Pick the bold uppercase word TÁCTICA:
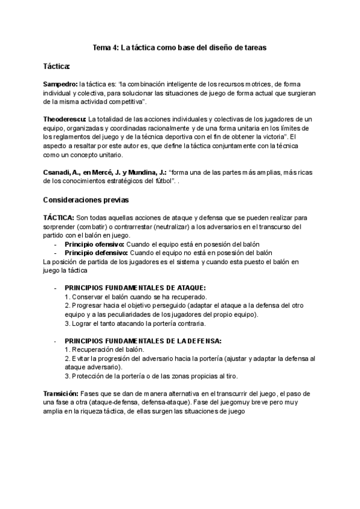[x=59, y=219]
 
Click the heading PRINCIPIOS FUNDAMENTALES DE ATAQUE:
[x=135, y=288]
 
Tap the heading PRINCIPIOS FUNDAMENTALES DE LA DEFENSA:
[x=143, y=341]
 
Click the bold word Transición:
[x=61, y=393]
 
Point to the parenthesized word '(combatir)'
[x=88, y=227]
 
